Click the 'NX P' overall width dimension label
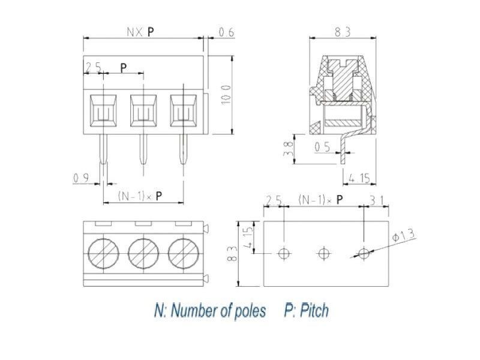pos(140,32)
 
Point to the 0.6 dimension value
pos(226,32)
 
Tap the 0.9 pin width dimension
pos(82,178)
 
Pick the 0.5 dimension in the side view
pos(322,145)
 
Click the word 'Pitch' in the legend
pos(314,310)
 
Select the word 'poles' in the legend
pos(247,310)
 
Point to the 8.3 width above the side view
pos(342,32)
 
